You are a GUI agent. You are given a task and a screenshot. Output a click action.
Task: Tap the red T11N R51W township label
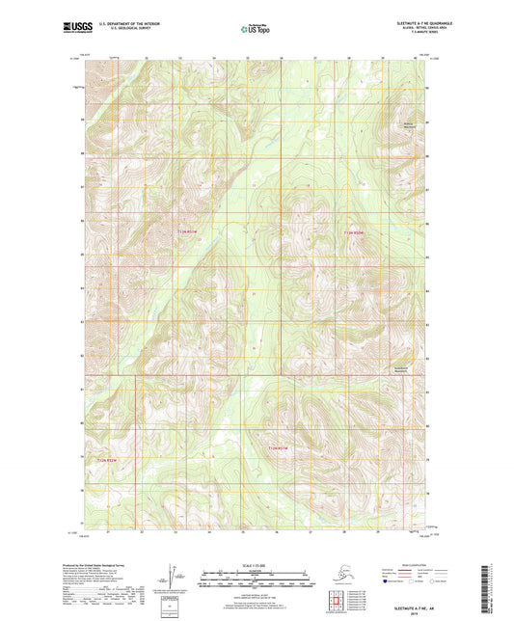[x=192, y=231]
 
